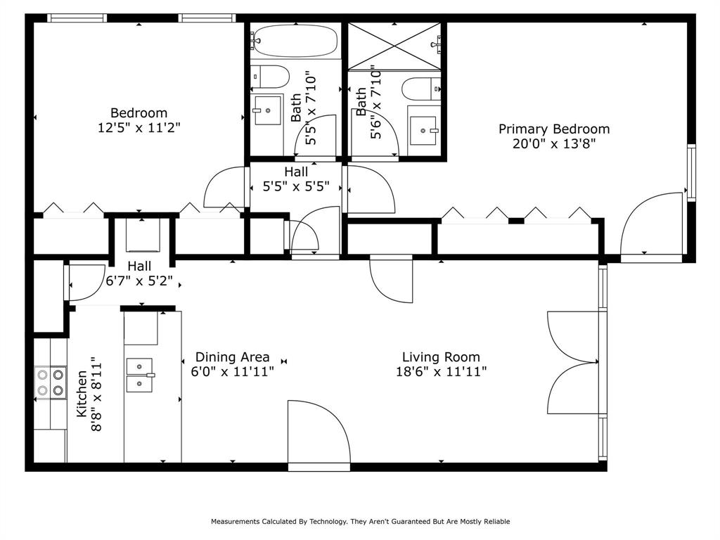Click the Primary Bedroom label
(554, 129)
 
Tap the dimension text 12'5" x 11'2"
(139, 128)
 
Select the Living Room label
(441, 357)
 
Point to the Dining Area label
(232, 357)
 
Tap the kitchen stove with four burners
(51, 383)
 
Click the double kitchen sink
(139, 375)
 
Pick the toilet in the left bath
(270, 77)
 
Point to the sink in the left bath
(268, 110)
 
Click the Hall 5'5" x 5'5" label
(295, 179)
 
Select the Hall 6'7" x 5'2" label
(139, 274)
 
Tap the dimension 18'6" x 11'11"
(441, 372)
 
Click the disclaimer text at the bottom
(360, 522)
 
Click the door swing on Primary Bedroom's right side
(654, 225)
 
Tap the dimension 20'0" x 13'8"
(554, 144)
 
